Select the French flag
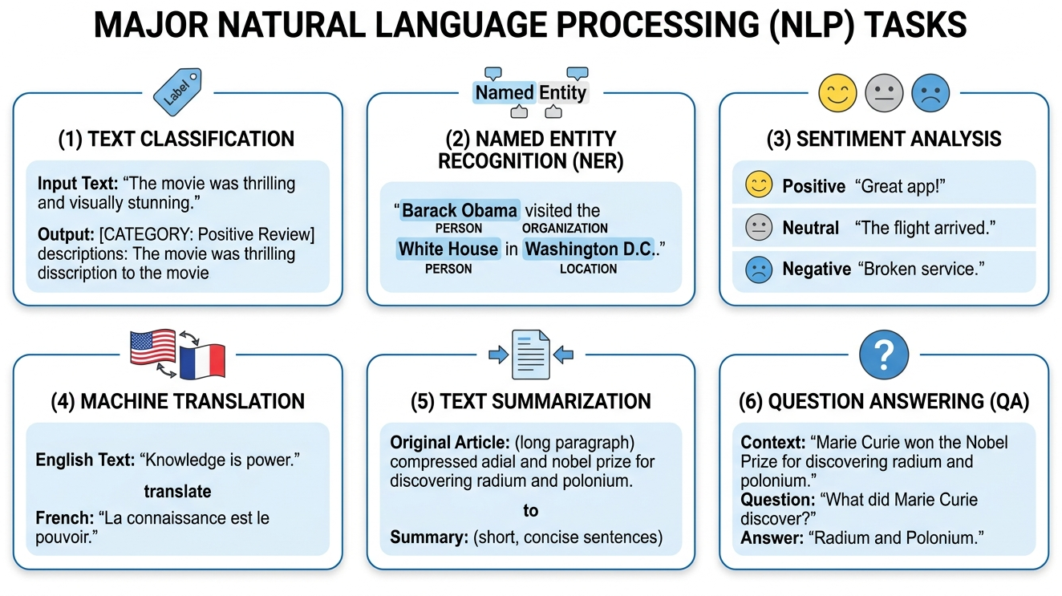(202, 360)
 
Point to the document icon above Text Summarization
(530, 354)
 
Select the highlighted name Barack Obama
(460, 211)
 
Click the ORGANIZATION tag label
(565, 229)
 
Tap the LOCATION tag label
(588, 269)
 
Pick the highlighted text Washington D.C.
(590, 249)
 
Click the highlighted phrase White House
(448, 249)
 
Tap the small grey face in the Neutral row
(758, 228)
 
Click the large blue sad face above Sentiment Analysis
(930, 93)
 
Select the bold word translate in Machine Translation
(177, 490)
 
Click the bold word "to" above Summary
(530, 510)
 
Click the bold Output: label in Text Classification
(64, 235)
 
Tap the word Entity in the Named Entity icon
(562, 92)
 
